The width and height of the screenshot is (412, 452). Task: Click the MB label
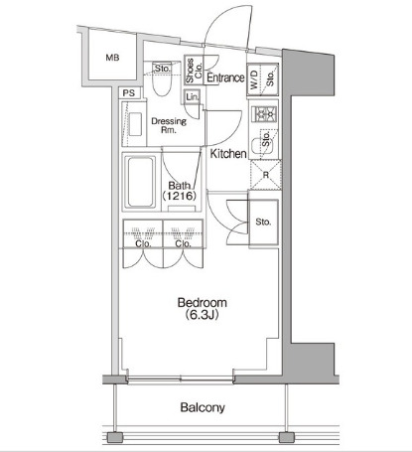(x=112, y=58)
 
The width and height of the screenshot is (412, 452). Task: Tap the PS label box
(x=129, y=93)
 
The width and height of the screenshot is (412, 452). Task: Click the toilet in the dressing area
(x=162, y=82)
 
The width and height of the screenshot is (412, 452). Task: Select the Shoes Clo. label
(x=194, y=71)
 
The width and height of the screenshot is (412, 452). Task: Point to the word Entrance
(x=225, y=77)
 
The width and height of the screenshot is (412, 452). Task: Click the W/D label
(x=254, y=79)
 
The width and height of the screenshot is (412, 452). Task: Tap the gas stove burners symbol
(x=264, y=114)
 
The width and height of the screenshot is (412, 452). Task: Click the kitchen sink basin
(x=261, y=146)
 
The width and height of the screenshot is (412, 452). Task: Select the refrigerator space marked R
(x=265, y=175)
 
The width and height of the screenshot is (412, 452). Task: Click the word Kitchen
(x=228, y=154)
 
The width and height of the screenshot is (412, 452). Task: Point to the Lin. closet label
(x=193, y=97)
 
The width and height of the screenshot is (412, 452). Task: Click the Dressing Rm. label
(x=169, y=125)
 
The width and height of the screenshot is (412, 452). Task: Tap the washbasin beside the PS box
(x=135, y=124)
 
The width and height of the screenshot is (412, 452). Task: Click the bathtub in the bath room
(x=141, y=182)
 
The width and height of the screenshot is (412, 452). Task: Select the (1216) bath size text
(x=180, y=196)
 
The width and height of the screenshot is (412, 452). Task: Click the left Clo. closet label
(x=143, y=244)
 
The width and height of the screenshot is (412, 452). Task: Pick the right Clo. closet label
(x=184, y=244)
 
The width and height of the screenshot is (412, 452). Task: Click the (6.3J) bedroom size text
(x=202, y=315)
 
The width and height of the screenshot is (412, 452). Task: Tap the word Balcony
(x=203, y=407)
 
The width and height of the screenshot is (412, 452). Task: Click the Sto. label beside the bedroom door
(x=263, y=222)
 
